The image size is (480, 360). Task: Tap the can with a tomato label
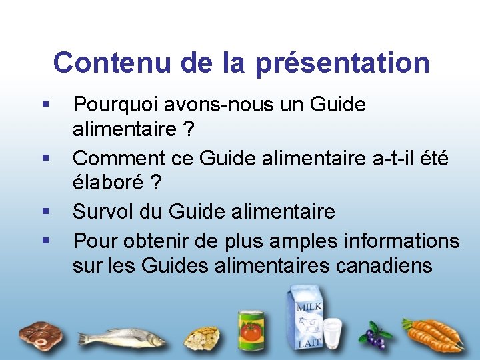[x=251, y=331]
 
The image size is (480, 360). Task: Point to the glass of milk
[x=331, y=333]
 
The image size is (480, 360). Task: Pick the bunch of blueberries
[x=373, y=336]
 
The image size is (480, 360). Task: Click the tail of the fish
[x=85, y=338]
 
